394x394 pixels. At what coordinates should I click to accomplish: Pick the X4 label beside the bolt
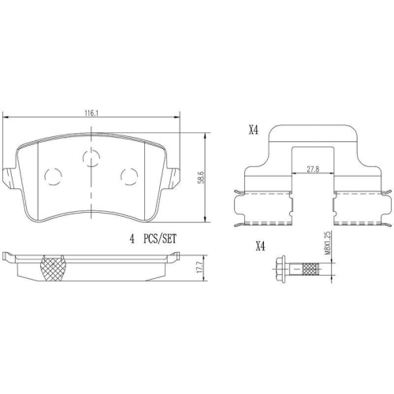(x=260, y=245)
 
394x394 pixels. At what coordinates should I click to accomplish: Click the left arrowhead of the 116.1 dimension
(x=7, y=118)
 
